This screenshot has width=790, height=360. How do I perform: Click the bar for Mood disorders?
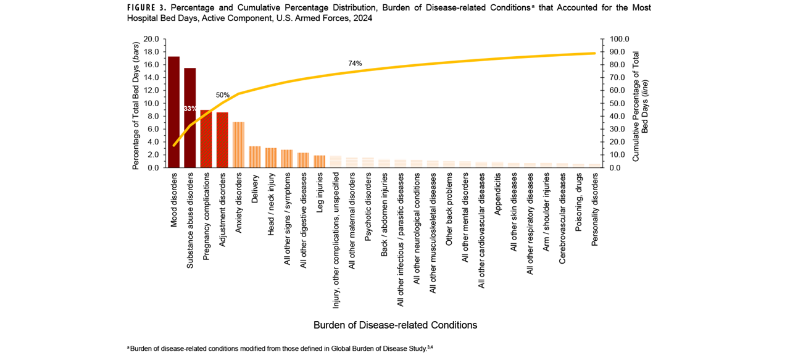[174, 112]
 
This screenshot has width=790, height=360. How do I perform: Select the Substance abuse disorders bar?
[190, 117]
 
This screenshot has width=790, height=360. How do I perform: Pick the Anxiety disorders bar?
[238, 144]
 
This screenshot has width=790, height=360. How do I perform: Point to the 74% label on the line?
[355, 63]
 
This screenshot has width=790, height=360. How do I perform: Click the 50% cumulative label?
[222, 95]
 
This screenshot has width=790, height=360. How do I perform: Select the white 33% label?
[190, 109]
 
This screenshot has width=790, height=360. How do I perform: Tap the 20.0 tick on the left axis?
[151, 39]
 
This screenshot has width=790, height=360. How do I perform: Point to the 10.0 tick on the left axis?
[151, 103]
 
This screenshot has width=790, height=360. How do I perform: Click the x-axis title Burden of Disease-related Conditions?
[395, 325]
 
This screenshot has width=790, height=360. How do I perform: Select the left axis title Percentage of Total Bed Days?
[135, 103]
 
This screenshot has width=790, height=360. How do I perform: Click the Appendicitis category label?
[499, 193]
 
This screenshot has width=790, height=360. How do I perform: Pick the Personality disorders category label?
[595, 209]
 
